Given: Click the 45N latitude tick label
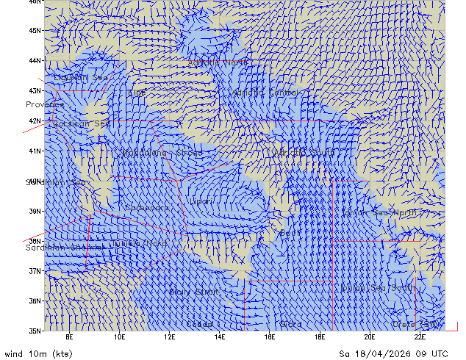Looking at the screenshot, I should (34, 31).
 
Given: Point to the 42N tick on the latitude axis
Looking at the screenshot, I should (34, 120).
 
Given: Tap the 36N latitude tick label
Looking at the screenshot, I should (34, 300).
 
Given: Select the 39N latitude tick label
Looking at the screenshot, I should (34, 211).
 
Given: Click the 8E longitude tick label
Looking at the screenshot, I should (69, 337).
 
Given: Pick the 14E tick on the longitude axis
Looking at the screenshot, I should (219, 337).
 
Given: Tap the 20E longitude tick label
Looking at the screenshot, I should (369, 337).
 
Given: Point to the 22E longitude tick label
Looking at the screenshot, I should (419, 337).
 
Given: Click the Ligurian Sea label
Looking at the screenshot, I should (81, 77).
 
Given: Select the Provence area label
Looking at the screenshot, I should (45, 104).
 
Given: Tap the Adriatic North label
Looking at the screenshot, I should (218, 62).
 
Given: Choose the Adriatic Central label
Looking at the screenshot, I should (266, 93).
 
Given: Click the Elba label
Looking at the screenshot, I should (137, 93).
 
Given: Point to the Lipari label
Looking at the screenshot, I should (201, 201).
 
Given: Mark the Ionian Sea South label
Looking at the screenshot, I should (376, 288).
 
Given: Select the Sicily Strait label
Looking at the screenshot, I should (193, 292).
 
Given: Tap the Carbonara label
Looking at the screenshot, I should (147, 208).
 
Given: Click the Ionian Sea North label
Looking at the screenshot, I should (379, 212).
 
